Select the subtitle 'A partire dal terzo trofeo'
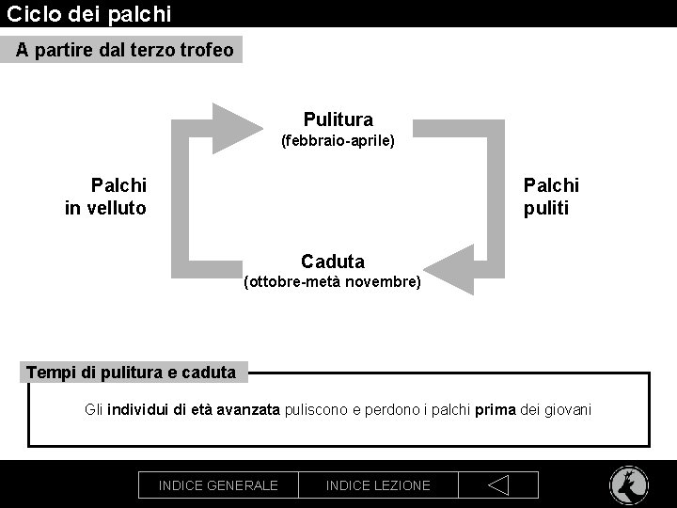[x=124, y=50]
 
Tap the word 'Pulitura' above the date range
[x=338, y=119]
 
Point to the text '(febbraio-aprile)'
[x=338, y=141]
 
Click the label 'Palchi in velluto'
[x=106, y=197]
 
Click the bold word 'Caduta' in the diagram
[x=333, y=262]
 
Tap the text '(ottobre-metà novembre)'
[x=332, y=281]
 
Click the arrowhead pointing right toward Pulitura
[x=237, y=128]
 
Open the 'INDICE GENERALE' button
[x=218, y=485]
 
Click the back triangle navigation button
[x=498, y=485]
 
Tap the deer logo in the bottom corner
[x=628, y=485]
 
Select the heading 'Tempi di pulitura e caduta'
[x=132, y=373]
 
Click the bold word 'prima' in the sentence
[x=495, y=410]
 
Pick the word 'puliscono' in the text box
[x=316, y=410]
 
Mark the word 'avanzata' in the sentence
[x=247, y=410]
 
